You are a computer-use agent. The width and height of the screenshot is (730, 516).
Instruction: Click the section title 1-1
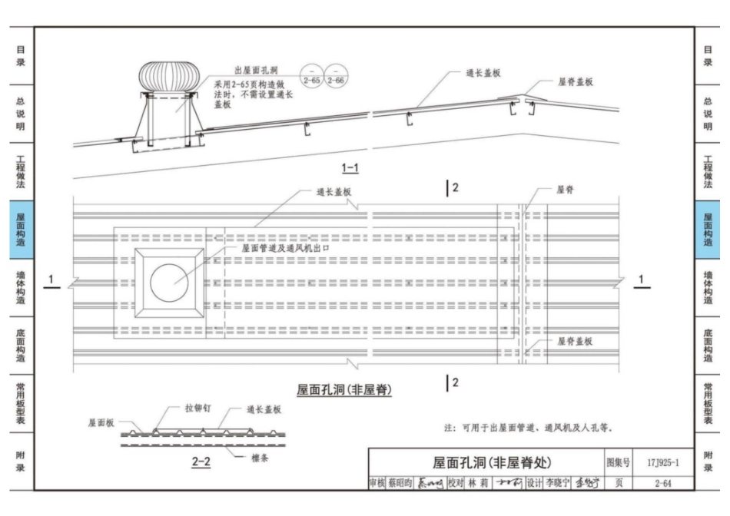pos(350,167)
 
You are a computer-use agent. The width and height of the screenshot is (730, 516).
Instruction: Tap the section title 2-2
pos(201,461)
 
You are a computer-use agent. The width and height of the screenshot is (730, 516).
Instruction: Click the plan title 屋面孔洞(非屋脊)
pos(344,390)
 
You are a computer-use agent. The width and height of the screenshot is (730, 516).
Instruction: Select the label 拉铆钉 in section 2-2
pos(197,409)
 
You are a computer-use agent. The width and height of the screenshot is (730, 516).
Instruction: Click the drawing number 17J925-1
pos(662,462)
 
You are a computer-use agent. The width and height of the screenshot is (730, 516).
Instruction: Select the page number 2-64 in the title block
pos(662,483)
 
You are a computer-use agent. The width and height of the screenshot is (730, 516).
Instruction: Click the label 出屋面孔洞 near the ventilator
pos(235,69)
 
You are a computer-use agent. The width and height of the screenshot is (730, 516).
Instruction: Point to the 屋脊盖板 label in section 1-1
pos(575,81)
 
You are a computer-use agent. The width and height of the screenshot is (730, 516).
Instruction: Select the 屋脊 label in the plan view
pos(566,190)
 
